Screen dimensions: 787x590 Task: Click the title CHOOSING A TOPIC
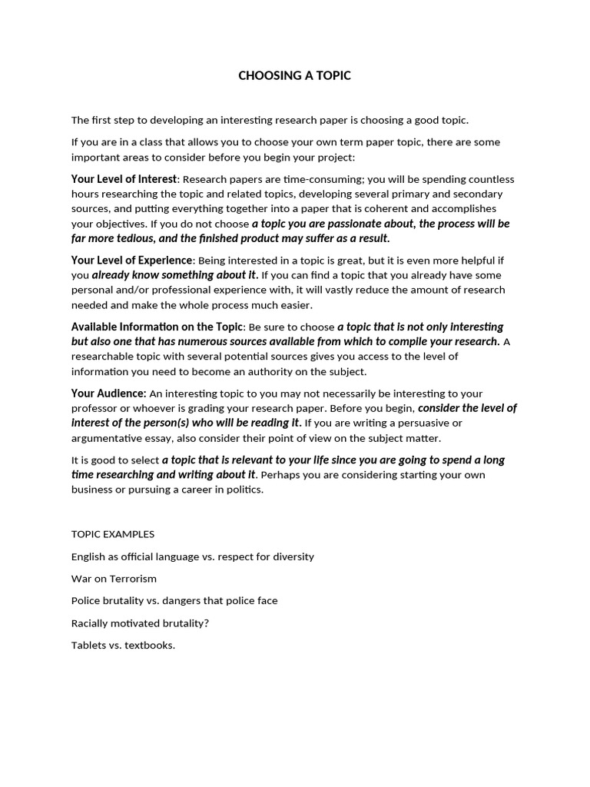click(x=294, y=75)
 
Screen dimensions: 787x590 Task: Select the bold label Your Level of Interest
click(x=124, y=179)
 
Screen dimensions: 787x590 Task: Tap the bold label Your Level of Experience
click(x=132, y=260)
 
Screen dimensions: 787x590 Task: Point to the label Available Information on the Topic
click(x=157, y=327)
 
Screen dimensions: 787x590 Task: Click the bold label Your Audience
click(x=108, y=393)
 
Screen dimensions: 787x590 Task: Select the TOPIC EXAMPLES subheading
click(x=113, y=534)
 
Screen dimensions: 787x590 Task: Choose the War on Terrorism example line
click(x=114, y=579)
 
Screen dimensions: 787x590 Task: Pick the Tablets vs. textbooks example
click(x=123, y=645)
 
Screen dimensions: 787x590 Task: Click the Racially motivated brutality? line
click(x=140, y=623)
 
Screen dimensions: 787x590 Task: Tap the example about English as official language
click(x=192, y=556)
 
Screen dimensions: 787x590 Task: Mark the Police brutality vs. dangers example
click(x=174, y=601)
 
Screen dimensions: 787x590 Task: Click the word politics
click(x=244, y=490)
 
